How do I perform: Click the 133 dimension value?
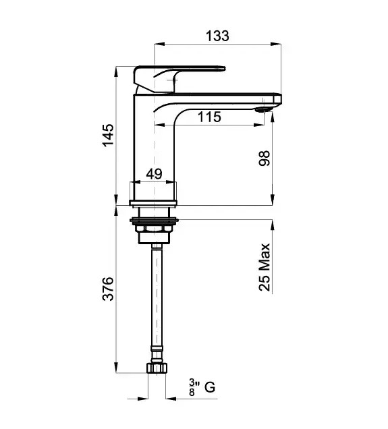pos(217,36)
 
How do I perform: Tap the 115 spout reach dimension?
pos(209,117)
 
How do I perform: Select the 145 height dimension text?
pos(108,136)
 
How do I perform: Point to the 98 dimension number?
pos(265,158)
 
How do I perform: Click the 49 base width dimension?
pos(154,174)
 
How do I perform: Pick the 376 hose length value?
pos(108,289)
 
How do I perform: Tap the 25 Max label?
pos(265,267)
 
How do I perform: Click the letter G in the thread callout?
pos(210,387)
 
